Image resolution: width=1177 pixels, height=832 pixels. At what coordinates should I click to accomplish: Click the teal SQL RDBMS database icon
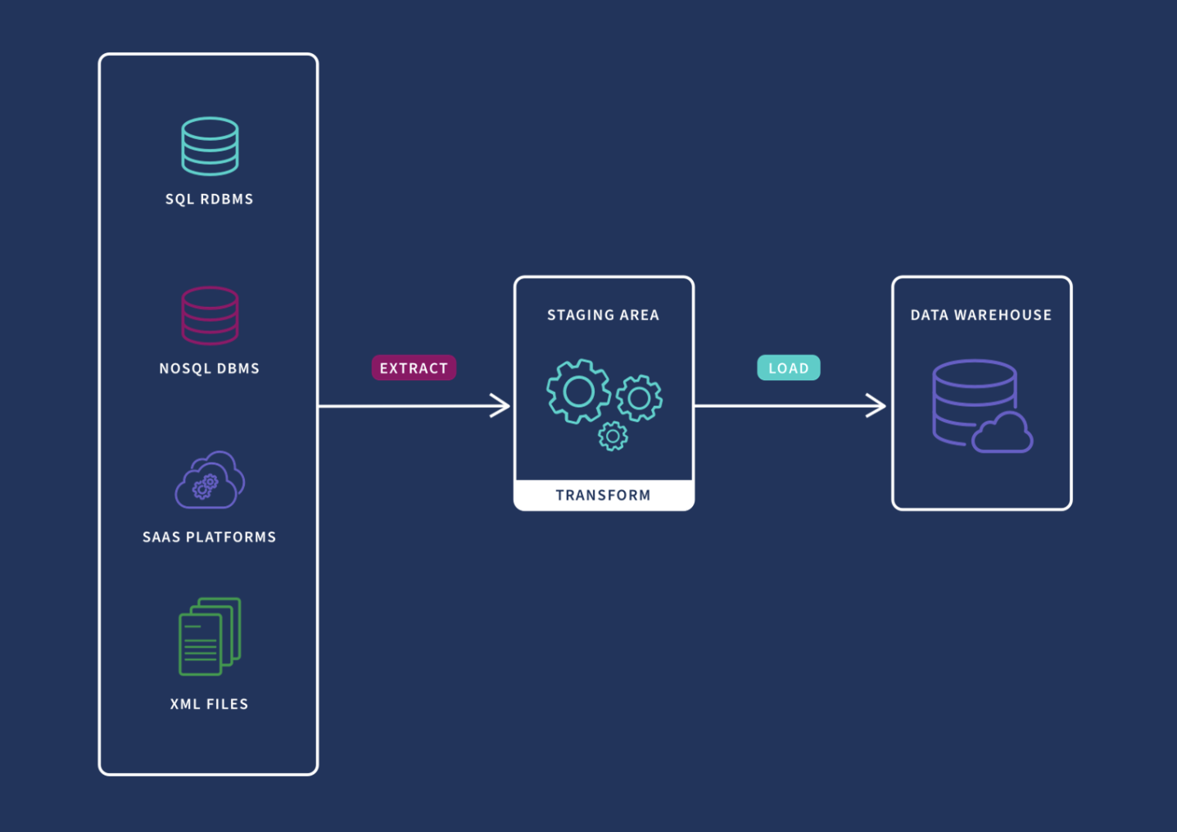point(210,147)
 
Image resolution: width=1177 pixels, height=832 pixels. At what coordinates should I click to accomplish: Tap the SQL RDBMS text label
point(210,199)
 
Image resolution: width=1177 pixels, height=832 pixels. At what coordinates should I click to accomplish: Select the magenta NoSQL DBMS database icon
point(210,315)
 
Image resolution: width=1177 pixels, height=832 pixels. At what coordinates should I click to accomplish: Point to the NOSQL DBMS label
point(210,369)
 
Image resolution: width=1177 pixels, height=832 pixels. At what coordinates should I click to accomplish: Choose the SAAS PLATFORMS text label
point(210,537)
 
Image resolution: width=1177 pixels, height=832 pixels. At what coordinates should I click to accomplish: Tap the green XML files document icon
point(210,636)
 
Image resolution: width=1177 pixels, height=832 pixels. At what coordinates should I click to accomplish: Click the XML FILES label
point(210,704)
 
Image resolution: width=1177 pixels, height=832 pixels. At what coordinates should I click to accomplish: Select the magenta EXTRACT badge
point(414,369)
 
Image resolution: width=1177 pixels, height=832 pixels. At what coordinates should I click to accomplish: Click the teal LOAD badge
point(788,369)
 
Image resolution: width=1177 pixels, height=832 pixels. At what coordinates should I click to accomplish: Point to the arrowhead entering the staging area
point(500,405)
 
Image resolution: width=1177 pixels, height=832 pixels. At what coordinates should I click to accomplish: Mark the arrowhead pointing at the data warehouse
point(876,405)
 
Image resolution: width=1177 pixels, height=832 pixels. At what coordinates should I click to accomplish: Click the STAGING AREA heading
point(604,315)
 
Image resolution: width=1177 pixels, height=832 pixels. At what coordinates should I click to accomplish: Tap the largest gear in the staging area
point(578,391)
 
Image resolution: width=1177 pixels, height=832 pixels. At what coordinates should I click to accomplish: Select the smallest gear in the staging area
point(613,436)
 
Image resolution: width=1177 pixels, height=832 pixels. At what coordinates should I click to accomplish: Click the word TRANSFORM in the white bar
point(604,495)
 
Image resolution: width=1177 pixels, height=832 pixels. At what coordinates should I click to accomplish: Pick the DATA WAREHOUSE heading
point(981,315)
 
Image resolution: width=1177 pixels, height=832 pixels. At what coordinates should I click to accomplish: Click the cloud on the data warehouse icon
point(1002,434)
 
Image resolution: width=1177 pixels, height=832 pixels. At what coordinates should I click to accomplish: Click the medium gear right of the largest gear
point(640,398)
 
